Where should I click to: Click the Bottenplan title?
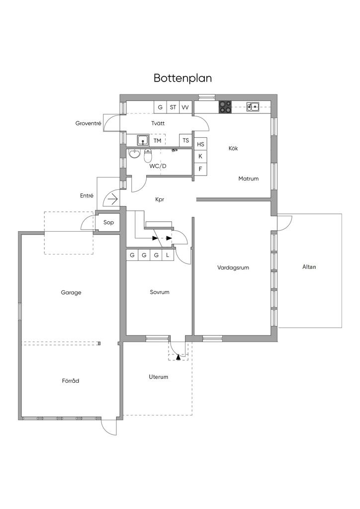[x=183, y=78]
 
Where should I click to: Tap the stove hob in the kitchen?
[x=225, y=107]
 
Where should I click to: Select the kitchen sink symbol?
[x=253, y=106]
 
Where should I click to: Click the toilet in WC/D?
[x=148, y=156]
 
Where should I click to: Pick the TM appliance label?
[x=158, y=141]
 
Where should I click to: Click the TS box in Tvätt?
[x=185, y=141]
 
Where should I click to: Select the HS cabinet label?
[x=200, y=145]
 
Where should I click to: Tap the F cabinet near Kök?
[x=200, y=169]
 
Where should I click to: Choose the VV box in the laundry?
[x=185, y=107]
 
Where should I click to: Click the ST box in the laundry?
[x=173, y=107]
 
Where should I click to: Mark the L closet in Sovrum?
[x=168, y=255]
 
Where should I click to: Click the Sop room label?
[x=108, y=223]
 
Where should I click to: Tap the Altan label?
[x=309, y=267]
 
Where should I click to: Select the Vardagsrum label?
[x=233, y=268]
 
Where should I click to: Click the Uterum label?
[x=159, y=377]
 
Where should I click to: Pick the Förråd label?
[x=71, y=380]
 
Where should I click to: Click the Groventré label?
[x=89, y=123]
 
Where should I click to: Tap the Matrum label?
[x=248, y=178]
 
